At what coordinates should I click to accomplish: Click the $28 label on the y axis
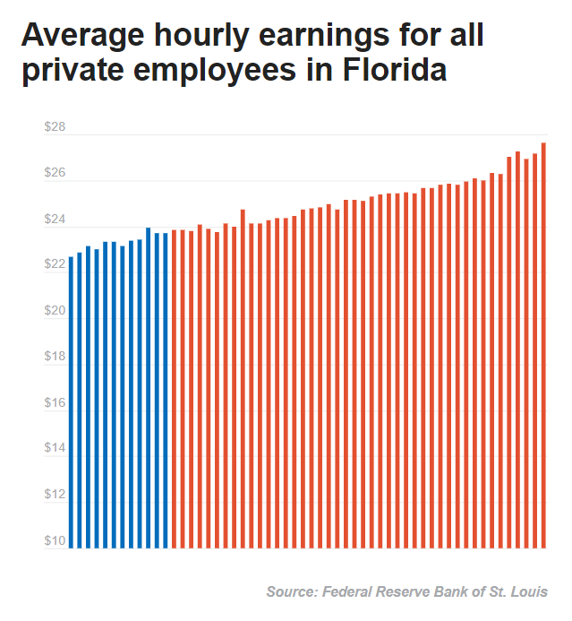55,126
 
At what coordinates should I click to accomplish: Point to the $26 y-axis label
55,173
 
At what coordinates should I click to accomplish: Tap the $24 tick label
55,219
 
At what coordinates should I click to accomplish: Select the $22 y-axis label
55,264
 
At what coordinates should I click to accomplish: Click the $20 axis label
55,311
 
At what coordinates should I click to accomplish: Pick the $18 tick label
55,357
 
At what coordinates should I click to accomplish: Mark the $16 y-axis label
55,403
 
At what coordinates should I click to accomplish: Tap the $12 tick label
55,495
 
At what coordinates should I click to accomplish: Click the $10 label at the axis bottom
55,540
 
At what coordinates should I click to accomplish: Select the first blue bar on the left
72,403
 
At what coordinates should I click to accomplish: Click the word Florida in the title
394,69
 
